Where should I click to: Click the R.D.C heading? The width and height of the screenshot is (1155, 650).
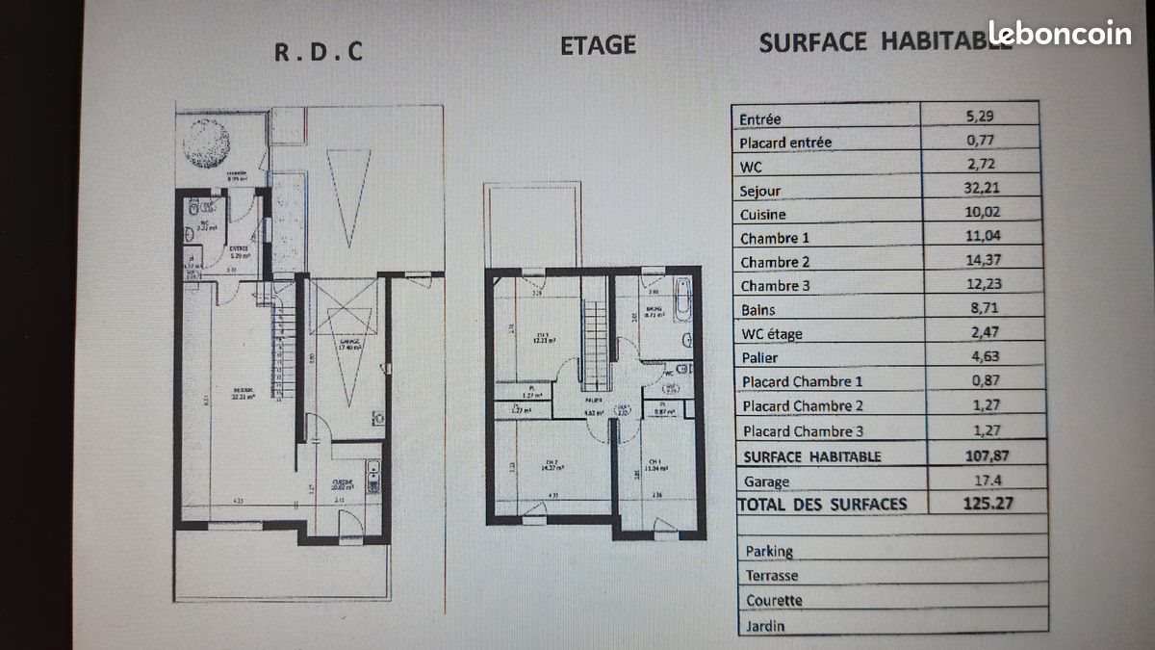point(319,52)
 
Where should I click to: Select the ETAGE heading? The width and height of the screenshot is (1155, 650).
point(598,45)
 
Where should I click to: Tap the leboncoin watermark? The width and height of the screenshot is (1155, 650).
point(1061,34)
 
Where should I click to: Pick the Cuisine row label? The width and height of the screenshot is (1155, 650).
point(763,215)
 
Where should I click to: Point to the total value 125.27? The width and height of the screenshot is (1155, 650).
point(990,503)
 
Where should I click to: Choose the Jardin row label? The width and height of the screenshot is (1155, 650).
point(764,626)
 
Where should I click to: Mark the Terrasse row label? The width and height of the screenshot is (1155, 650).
point(771,576)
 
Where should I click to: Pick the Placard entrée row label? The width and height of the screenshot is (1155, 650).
point(785,143)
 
